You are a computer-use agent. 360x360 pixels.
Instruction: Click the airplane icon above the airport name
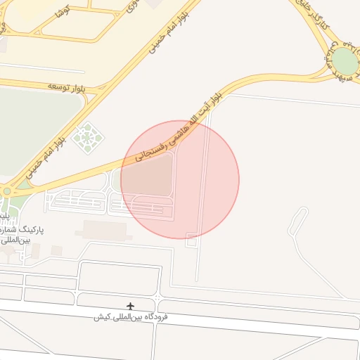click(x=130, y=306)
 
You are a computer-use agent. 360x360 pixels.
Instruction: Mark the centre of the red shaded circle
click(x=180, y=179)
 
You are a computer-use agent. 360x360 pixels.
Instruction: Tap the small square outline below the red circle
click(x=191, y=240)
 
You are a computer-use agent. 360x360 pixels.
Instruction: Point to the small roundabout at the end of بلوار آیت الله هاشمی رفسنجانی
click(x=6, y=191)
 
